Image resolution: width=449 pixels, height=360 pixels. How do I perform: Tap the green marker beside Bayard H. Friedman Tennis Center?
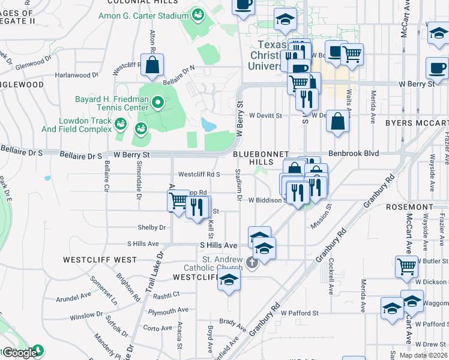pyautogui.click(x=158, y=103)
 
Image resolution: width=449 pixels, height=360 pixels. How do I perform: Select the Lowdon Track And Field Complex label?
pyautogui.click(x=76, y=125)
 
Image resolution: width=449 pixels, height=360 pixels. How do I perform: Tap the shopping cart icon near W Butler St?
pyautogui.click(x=407, y=266)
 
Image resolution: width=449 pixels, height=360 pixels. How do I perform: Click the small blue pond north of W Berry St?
pyautogui.click(x=209, y=125)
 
